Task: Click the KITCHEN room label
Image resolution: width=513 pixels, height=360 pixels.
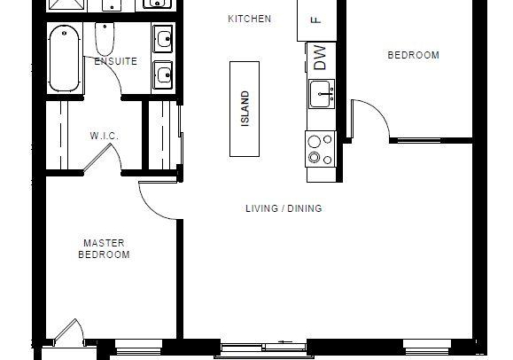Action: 250,19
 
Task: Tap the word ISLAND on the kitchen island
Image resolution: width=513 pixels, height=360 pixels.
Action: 245,108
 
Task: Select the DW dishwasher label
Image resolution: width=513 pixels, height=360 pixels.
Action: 320,58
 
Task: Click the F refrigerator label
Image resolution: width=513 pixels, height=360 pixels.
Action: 316,20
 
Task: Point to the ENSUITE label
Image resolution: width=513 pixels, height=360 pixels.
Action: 116,61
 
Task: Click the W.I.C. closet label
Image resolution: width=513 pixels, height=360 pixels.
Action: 104,136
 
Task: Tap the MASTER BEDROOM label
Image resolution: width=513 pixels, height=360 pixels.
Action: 104,248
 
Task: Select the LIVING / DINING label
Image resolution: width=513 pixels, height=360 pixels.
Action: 284,208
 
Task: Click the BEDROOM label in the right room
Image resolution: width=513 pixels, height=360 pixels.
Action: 413,55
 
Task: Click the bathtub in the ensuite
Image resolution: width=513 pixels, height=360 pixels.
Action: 65,59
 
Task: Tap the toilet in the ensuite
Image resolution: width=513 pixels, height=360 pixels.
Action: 105,39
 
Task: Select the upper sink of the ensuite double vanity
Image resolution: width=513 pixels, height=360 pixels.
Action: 163,39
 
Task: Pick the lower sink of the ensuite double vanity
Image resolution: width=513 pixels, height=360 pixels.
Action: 163,74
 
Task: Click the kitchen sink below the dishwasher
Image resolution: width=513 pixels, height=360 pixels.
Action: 322,94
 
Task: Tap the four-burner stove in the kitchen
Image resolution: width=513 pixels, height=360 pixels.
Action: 321,149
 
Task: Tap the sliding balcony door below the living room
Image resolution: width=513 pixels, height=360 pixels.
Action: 264,348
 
